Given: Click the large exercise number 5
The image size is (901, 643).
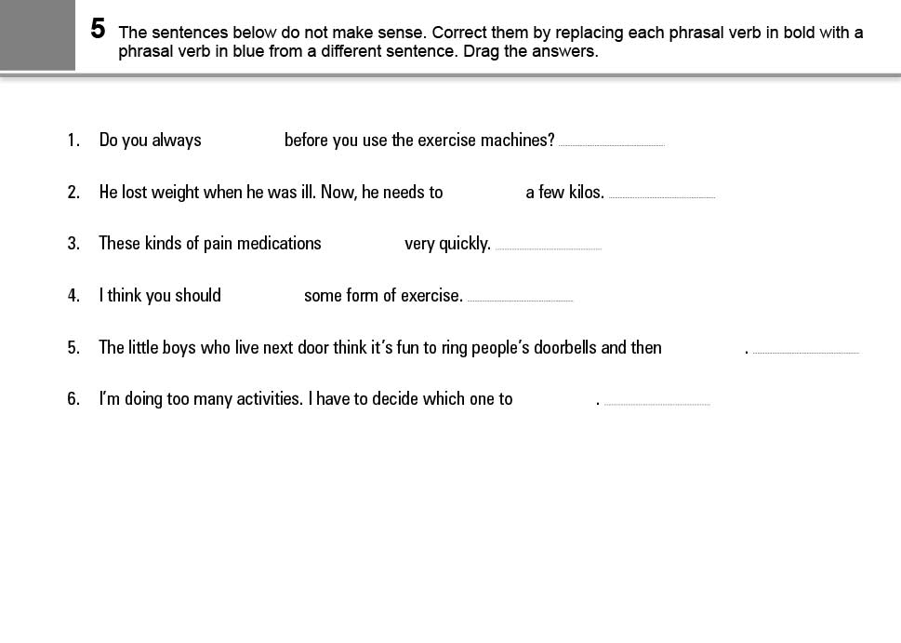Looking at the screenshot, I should click(x=98, y=29).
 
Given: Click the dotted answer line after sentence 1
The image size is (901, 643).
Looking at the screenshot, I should click(x=612, y=145).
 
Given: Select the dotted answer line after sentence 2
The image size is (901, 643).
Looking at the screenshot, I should click(x=661, y=197).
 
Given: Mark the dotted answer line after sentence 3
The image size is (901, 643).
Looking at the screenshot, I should click(x=549, y=248).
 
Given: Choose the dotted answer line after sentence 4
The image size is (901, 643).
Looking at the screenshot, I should click(x=520, y=301).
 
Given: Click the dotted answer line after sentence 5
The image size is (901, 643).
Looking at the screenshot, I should click(x=805, y=353).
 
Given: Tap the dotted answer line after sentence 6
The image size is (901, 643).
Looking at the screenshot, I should click(x=656, y=404).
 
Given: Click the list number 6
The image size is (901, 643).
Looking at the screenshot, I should click(x=73, y=399).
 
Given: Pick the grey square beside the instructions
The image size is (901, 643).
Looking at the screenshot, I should click(x=37, y=34).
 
